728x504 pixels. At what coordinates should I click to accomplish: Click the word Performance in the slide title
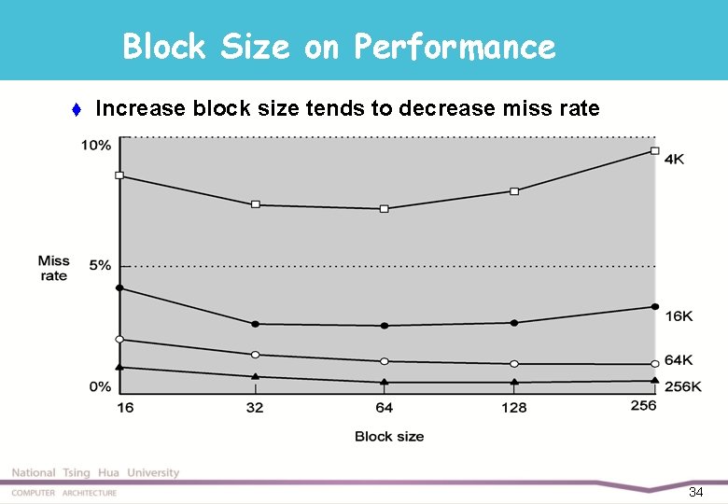pos(454,47)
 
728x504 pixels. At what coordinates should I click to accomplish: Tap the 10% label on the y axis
pos(96,145)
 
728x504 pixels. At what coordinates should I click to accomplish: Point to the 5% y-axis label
pos(100,265)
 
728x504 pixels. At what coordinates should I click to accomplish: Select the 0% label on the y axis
pos(100,386)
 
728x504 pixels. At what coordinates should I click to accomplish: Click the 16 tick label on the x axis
pos(125,407)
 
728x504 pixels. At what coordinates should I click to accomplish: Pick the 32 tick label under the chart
pos(255,407)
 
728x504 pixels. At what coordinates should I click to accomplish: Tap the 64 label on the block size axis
pos(384,407)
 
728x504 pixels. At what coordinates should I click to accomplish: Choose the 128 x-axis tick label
pos(513,407)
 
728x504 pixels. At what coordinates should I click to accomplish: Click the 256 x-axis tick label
pos(643,406)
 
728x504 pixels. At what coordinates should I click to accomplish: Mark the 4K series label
pos(674,160)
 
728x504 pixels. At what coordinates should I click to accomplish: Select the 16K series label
pos(679,316)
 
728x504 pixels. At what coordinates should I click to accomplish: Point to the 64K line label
pos(679,360)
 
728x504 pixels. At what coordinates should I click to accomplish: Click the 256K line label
pos(682,385)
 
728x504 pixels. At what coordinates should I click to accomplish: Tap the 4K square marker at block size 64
pos(385,209)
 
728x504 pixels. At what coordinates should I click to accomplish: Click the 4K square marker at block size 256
pos(655,150)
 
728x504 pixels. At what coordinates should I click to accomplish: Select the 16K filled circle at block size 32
pos(256,324)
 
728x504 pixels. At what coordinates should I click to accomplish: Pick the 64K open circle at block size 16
pos(119,339)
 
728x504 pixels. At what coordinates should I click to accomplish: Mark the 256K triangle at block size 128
pos(514,382)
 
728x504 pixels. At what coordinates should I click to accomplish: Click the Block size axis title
pos(389,436)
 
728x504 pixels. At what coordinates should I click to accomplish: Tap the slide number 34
pos(695,492)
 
